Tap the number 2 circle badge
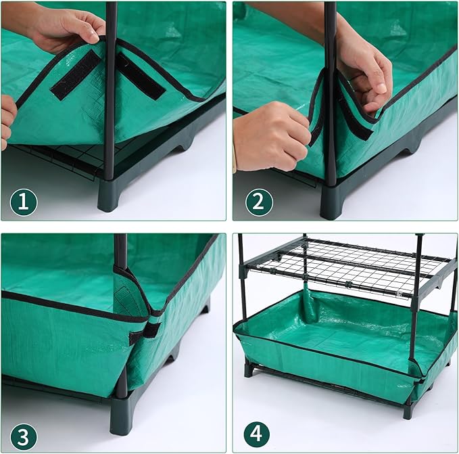click(x=258, y=201)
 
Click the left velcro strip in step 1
click(x=76, y=74)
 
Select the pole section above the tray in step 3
click(x=120, y=250)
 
